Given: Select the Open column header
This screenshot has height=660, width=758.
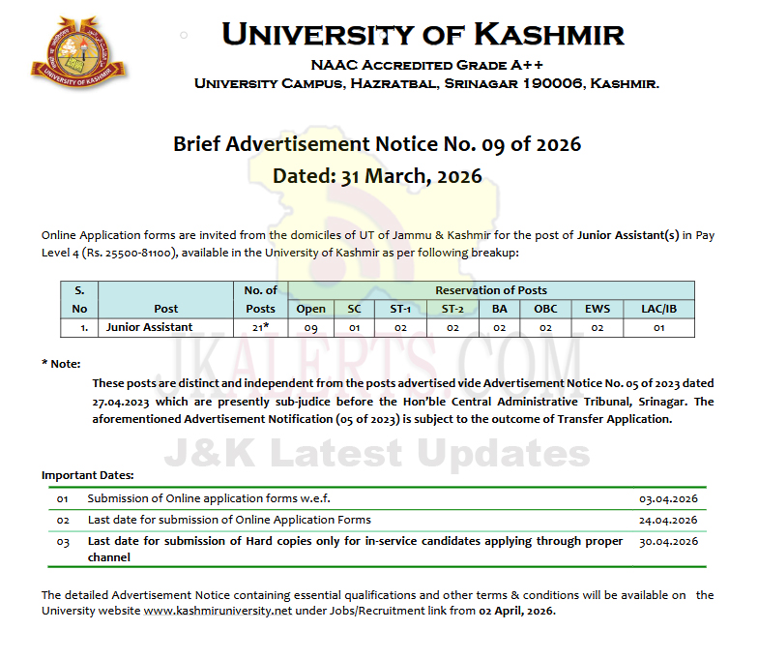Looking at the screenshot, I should click(310, 309).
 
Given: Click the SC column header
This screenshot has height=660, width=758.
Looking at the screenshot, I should click(354, 309).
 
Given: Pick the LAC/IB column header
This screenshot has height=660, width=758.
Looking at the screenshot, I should click(658, 309).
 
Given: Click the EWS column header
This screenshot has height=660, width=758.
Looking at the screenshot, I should click(597, 309).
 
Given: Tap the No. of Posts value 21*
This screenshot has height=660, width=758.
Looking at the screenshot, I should click(261, 327).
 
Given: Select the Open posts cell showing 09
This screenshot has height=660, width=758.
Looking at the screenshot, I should click(310, 327).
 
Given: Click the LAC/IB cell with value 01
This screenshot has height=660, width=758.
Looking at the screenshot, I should click(658, 327).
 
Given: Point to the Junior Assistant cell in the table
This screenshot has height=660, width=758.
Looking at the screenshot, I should click(150, 327).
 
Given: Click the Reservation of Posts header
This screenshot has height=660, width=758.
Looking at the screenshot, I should click(491, 290).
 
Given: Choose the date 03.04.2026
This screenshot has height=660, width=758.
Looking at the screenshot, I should click(668, 499).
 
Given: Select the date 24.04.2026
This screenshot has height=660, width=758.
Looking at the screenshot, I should click(668, 520).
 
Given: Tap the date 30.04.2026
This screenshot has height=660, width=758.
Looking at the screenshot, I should click(668, 541).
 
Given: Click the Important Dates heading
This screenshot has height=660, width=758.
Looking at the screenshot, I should click(88, 475).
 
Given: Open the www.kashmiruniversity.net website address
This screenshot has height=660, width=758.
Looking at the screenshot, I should click(206, 611).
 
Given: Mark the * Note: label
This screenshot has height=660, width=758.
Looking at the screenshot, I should click(61, 363).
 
